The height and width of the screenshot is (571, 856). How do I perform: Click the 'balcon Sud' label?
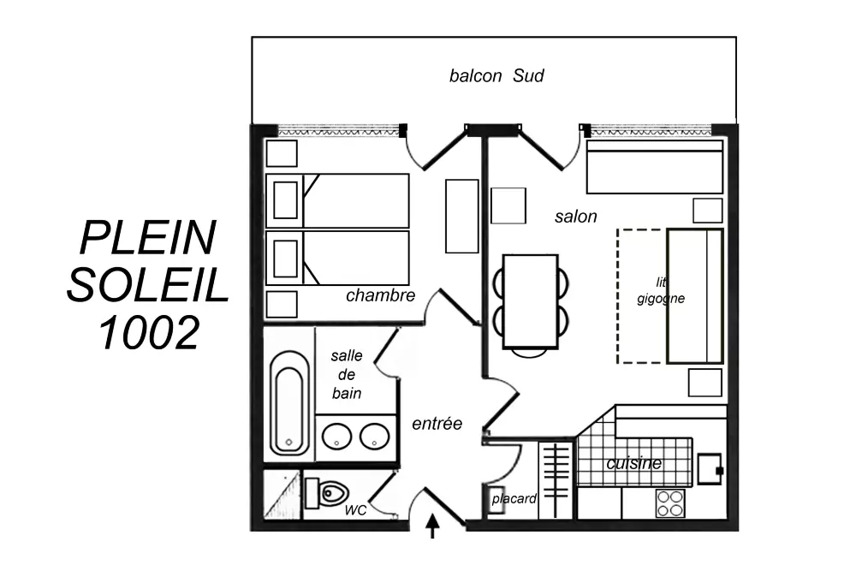(496, 75)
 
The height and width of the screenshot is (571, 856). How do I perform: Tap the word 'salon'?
(575, 217)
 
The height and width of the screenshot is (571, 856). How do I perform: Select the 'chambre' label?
(381, 295)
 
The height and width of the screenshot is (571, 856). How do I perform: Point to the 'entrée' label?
(437, 423)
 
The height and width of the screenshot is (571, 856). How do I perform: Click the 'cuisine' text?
(633, 463)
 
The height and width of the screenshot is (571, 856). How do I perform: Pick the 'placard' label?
(514, 498)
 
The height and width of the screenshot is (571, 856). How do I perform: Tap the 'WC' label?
(355, 510)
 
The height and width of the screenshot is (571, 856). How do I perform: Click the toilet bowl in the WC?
(327, 493)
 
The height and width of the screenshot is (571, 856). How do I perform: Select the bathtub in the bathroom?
(288, 403)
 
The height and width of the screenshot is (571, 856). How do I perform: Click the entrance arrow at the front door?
(432, 526)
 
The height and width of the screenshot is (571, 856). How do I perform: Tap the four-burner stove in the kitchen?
(670, 503)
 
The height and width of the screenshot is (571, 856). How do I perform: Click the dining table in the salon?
(530, 300)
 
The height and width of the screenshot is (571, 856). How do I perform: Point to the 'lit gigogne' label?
(661, 290)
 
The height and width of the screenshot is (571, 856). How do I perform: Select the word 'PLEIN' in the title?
(148, 238)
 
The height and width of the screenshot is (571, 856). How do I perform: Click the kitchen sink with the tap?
(710, 469)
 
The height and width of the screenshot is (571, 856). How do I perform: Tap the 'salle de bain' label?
(346, 374)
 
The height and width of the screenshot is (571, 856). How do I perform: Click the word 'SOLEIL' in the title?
(147, 285)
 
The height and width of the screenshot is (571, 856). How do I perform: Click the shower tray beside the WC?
(282, 495)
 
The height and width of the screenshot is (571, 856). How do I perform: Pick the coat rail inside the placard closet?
(556, 479)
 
